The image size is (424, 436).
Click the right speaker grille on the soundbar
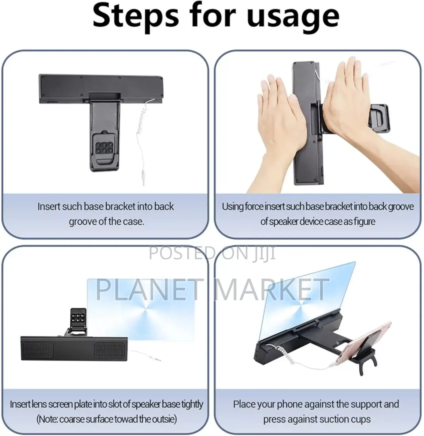pyautogui.click(x=109, y=351)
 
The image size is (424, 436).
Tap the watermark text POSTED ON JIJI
pyautogui.click(x=212, y=253)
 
